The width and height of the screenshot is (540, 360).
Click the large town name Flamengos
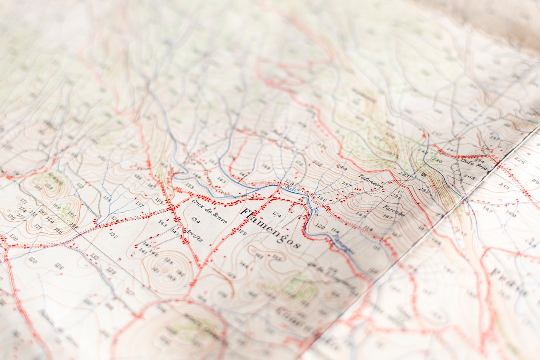(270, 229)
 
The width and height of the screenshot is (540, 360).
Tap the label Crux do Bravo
(209, 211)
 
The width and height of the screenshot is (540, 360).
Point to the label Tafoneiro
(370, 181)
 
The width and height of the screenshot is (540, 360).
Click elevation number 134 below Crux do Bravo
(195, 220)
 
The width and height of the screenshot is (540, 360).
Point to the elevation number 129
(242, 232)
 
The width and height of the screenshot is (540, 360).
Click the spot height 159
(159, 201)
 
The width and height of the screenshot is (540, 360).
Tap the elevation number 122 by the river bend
(320, 226)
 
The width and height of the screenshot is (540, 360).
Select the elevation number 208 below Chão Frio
(469, 176)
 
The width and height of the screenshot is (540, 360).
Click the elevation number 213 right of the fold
(504, 185)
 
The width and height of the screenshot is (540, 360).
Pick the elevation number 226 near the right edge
(519, 160)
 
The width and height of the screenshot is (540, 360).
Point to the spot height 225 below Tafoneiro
(396, 196)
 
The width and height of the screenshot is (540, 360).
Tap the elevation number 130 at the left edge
(13, 237)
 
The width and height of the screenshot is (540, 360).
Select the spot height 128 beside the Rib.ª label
(289, 183)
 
